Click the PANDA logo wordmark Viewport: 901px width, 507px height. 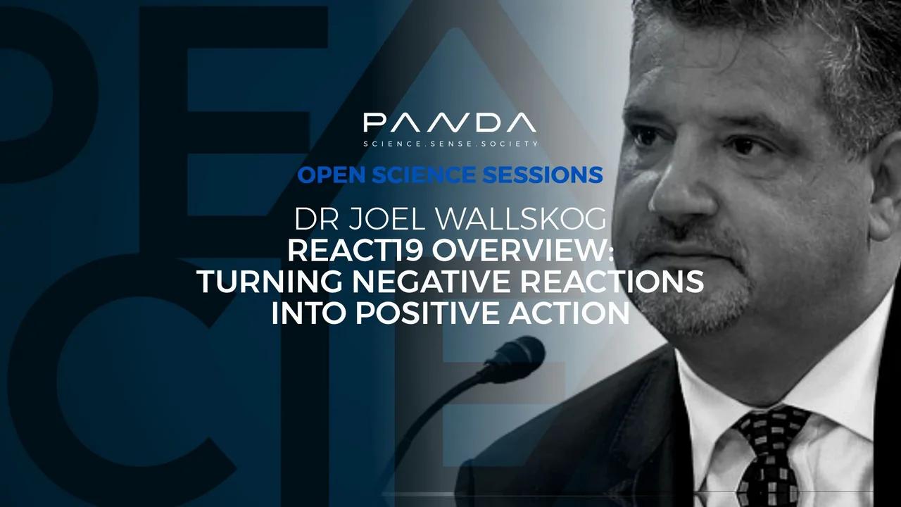(x=450, y=124)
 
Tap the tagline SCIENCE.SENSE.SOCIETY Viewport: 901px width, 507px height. (x=450, y=144)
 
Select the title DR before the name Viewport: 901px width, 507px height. (x=314, y=220)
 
